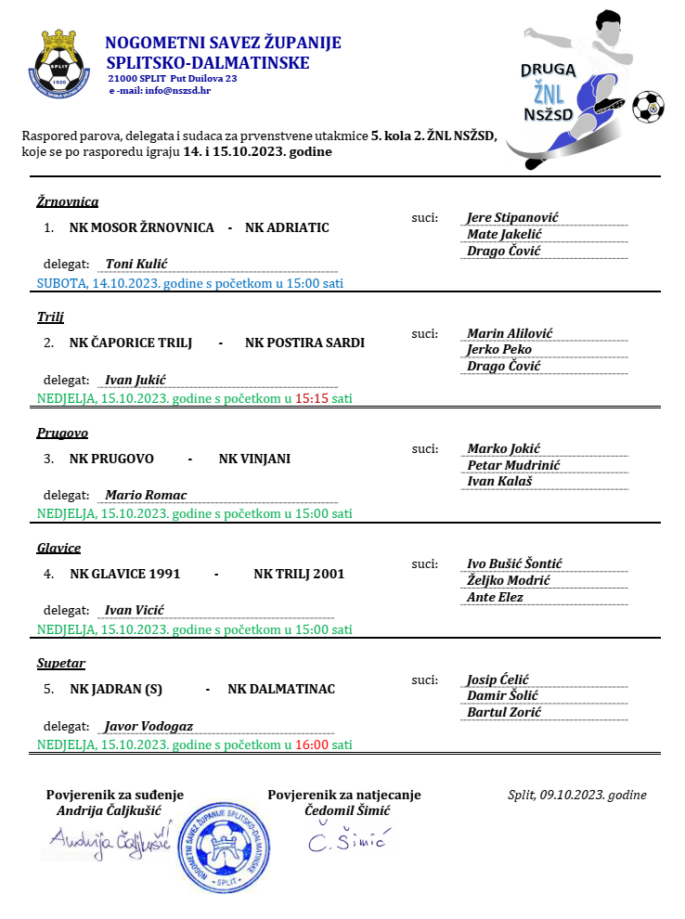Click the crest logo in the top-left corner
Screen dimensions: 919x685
click(62, 63)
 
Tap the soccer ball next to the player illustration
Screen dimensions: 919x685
click(648, 107)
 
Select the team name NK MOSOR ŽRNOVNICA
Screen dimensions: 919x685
click(141, 227)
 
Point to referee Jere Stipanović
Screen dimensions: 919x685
click(512, 218)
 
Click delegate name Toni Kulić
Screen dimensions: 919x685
click(136, 264)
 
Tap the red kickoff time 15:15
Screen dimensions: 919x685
click(312, 399)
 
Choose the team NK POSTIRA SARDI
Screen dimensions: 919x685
click(304, 343)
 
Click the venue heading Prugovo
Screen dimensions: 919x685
click(62, 433)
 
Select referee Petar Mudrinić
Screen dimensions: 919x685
click(513, 465)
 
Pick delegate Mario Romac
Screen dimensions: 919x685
click(146, 495)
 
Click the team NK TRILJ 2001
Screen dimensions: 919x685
click(299, 574)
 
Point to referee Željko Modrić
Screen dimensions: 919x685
click(509, 580)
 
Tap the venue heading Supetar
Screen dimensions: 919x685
click(61, 664)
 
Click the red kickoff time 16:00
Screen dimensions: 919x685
click(312, 744)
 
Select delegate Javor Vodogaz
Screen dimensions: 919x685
click(149, 726)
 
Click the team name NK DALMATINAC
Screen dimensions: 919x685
click(281, 689)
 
